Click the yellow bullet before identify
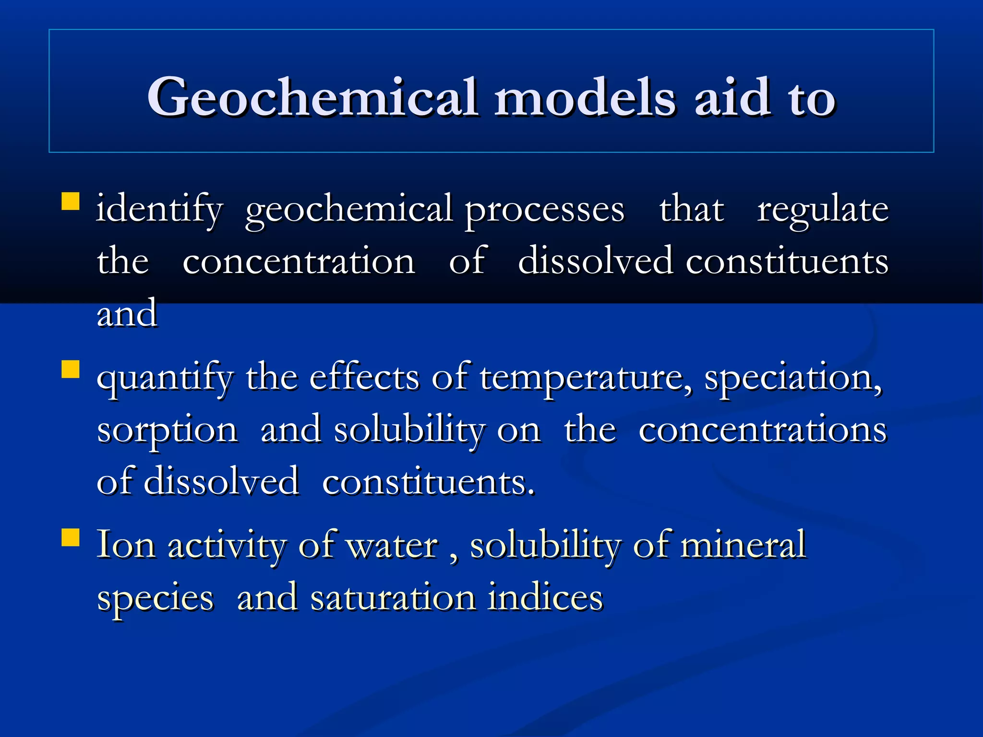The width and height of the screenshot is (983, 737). (x=71, y=202)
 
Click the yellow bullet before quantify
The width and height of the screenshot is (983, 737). (x=71, y=369)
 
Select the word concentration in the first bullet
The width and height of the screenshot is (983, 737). (x=299, y=262)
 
